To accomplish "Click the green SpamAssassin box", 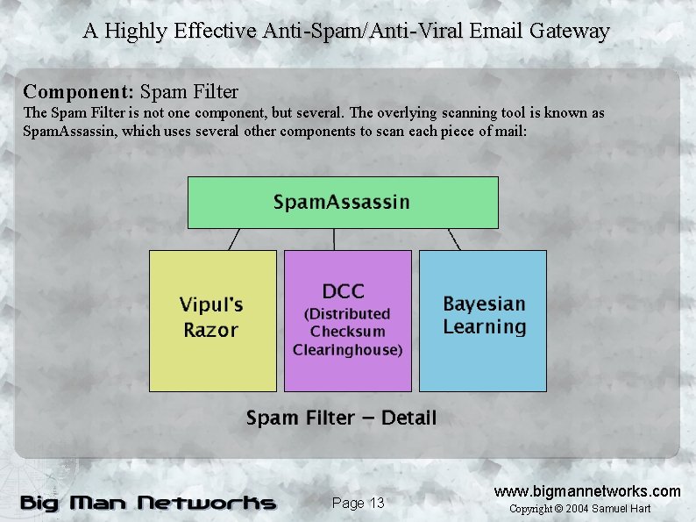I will [x=343, y=203].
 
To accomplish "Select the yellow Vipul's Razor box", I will [x=212, y=320].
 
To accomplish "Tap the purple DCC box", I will [x=347, y=320].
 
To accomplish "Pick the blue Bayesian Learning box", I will [x=483, y=320].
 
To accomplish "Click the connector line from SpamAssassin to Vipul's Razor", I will [x=234, y=240].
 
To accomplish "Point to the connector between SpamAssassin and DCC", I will [x=334, y=240].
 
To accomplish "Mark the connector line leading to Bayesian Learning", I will [x=454, y=240].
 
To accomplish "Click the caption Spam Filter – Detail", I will [x=341, y=418].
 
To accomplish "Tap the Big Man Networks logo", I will [x=147, y=503].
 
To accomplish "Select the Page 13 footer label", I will [x=359, y=503].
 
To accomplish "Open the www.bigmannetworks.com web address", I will [x=587, y=490].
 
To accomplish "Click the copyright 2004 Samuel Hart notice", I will [x=580, y=509].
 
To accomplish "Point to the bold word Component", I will [x=78, y=91].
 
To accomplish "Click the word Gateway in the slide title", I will [x=570, y=32].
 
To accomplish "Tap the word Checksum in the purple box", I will [x=347, y=332].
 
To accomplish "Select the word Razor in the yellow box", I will [x=210, y=331].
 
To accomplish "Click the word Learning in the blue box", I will [x=484, y=327].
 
